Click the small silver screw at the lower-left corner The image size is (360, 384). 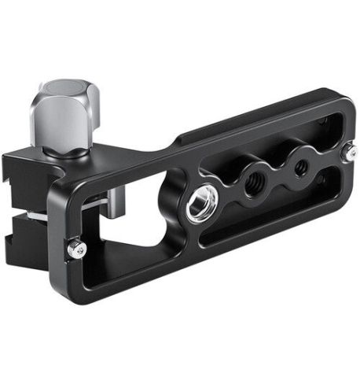[76, 249]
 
